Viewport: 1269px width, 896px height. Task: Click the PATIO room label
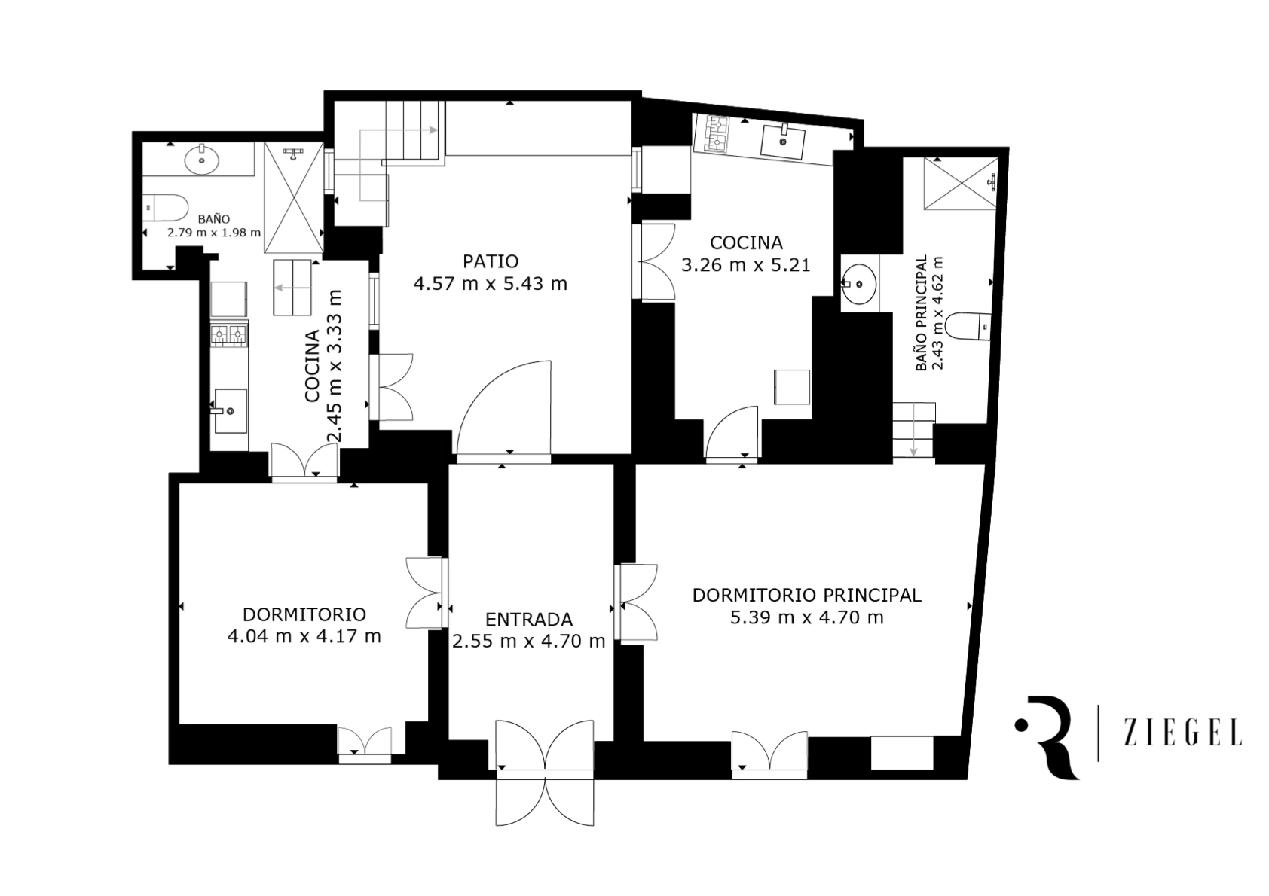(491, 261)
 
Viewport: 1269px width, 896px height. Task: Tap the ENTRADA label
(529, 620)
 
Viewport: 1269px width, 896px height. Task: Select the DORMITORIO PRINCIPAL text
(807, 596)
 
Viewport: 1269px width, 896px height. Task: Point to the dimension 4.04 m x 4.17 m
(304, 637)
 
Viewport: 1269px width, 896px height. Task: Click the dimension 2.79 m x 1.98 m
(214, 232)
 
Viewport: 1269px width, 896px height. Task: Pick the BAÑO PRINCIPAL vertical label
(922, 313)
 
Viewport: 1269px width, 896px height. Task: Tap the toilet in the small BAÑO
(165, 208)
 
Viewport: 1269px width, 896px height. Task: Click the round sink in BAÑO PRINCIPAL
(859, 282)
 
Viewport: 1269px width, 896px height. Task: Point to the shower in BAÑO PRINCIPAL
(961, 184)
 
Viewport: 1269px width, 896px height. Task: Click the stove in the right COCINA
(714, 133)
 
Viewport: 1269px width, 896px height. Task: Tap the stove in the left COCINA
(229, 336)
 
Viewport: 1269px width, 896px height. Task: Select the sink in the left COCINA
(230, 411)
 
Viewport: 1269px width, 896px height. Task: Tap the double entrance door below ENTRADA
(545, 773)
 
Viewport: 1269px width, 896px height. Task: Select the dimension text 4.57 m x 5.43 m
(491, 284)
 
